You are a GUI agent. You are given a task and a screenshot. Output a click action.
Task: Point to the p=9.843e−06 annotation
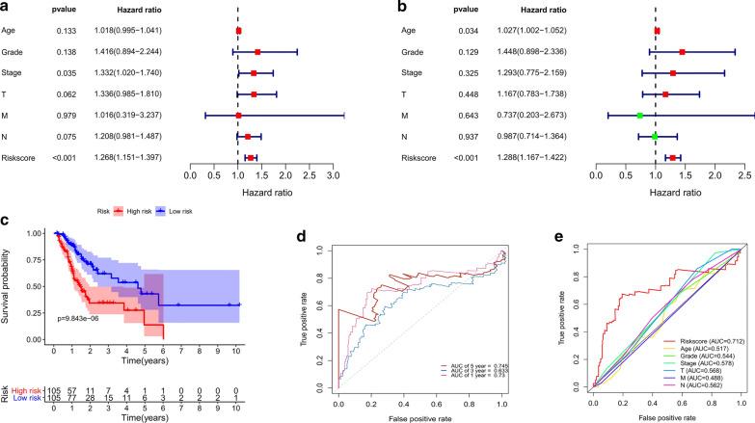[87, 316]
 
